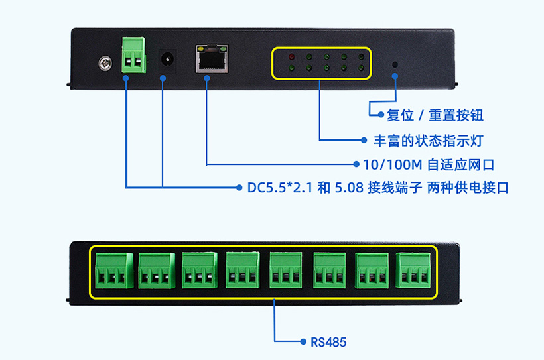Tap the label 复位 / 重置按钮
(435, 115)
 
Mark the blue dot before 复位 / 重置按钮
(380, 115)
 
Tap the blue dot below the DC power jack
(163, 78)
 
